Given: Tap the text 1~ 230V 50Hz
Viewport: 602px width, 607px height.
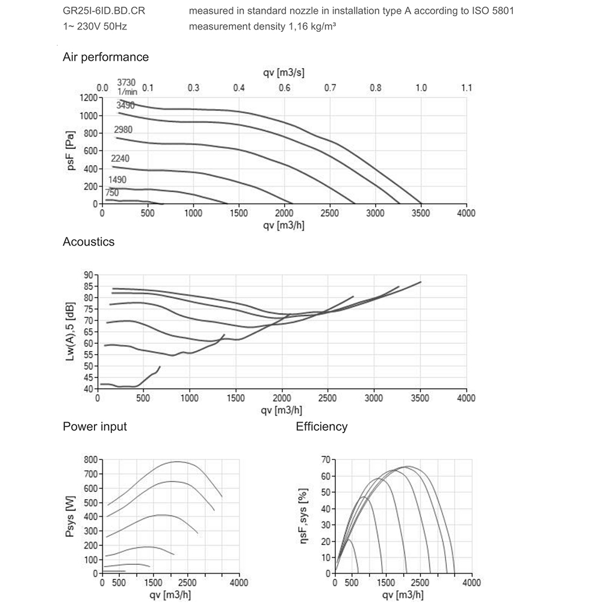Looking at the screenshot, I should [x=95, y=26].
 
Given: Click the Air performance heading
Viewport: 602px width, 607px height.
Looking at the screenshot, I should [x=105, y=57].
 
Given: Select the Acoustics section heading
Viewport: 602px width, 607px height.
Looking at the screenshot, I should [x=88, y=242].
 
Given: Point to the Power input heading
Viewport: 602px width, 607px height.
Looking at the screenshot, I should [x=95, y=427].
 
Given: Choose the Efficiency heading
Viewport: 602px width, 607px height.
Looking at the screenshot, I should [x=321, y=427].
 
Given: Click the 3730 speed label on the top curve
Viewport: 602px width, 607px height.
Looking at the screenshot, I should [x=126, y=82].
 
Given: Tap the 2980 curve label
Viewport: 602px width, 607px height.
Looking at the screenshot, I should [x=123, y=130].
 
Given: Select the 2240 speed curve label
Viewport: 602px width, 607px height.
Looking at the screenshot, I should [x=120, y=158].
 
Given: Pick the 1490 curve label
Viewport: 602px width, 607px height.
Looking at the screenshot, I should [x=117, y=180].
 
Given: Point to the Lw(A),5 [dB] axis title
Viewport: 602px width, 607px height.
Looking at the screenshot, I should [x=71, y=332].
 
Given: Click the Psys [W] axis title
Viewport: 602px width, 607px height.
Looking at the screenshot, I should [x=71, y=516].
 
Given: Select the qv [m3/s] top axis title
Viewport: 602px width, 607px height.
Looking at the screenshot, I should [x=284, y=73].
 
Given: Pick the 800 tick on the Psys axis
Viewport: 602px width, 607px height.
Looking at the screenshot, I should [x=90, y=459].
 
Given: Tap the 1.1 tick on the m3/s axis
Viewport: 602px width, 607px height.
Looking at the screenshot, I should [x=467, y=88].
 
